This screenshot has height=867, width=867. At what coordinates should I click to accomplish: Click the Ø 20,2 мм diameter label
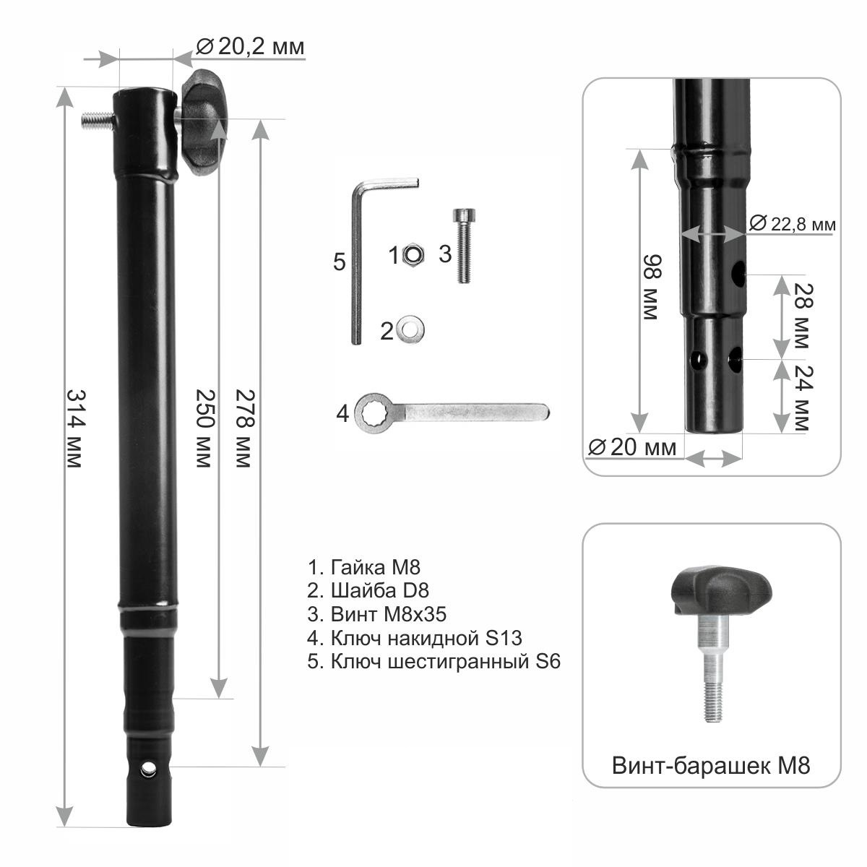point(251,46)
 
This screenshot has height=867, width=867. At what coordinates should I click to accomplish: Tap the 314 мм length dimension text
point(75,428)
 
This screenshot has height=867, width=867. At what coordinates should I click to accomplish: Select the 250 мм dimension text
point(204,428)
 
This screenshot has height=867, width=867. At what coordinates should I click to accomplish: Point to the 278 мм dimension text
point(244,428)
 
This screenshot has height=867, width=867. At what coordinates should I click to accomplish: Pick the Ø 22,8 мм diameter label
point(793,223)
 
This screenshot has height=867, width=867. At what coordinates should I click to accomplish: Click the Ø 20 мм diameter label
point(632,447)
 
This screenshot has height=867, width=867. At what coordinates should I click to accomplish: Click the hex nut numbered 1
point(412,255)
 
